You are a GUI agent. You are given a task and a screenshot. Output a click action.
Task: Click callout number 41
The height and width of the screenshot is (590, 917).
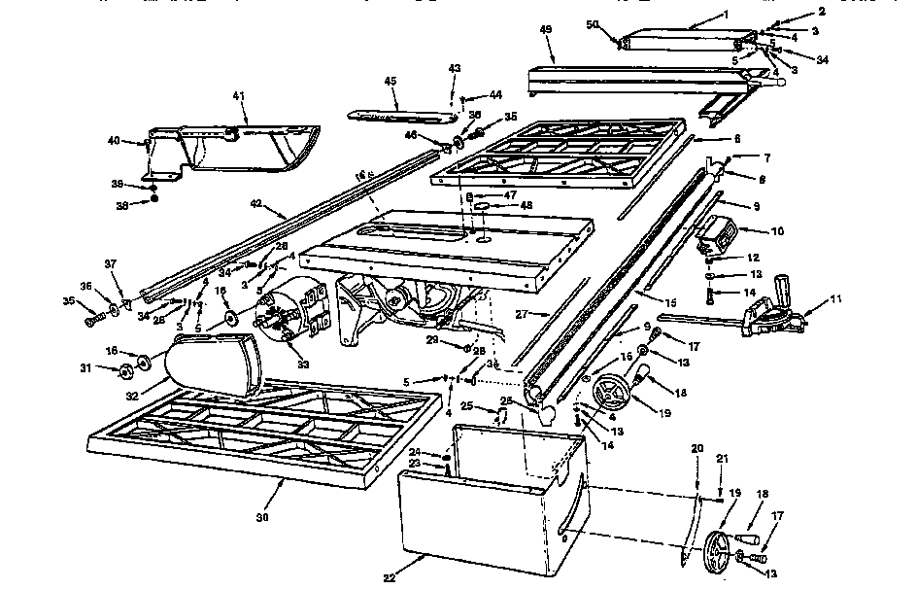click(237, 97)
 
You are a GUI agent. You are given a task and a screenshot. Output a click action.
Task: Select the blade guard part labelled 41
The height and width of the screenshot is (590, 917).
click(243, 151)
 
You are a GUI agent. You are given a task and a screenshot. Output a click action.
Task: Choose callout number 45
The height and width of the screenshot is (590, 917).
click(390, 82)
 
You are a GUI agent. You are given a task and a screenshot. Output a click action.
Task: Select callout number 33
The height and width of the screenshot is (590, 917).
click(303, 364)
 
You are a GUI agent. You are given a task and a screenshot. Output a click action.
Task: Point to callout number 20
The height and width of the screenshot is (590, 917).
click(696, 448)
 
